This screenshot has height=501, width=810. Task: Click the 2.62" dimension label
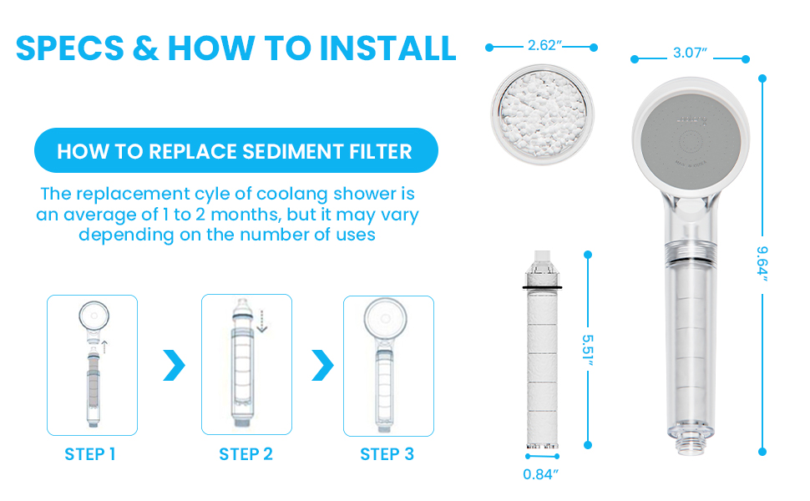point(542,46)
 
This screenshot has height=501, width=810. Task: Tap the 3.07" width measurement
point(690,53)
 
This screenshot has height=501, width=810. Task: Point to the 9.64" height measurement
point(762,264)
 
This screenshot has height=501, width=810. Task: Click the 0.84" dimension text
point(540,474)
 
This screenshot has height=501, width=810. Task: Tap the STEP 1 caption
point(90,454)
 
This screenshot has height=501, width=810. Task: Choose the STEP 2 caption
point(246,454)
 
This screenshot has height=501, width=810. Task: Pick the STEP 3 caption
point(387,454)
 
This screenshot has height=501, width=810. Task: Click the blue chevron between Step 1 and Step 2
point(173,365)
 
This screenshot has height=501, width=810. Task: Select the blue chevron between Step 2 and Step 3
point(321,365)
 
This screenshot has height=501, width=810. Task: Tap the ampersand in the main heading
point(145,48)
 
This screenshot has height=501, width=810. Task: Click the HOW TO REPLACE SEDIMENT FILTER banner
point(235,151)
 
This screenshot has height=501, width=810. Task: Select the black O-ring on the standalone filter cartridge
point(542,286)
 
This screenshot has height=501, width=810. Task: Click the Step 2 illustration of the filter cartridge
point(246,365)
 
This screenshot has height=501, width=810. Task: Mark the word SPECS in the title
point(69,48)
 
